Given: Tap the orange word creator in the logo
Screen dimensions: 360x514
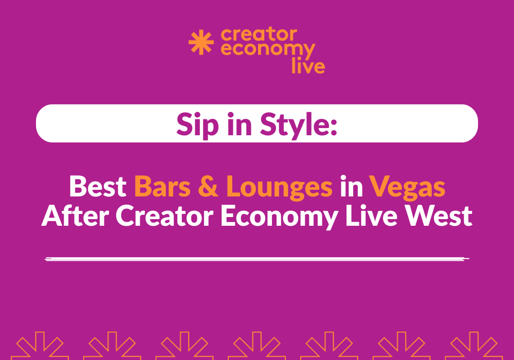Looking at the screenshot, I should pos(259,35).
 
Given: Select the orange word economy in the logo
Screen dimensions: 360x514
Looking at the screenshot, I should pos(268,51).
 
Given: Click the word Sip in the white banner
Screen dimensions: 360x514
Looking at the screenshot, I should pos(194,124).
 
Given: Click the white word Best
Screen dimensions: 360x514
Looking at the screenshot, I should pos(98,187).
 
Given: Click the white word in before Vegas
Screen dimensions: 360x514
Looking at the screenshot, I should pos(351,187).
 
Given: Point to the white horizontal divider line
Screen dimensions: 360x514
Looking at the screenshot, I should pos(257,259).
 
